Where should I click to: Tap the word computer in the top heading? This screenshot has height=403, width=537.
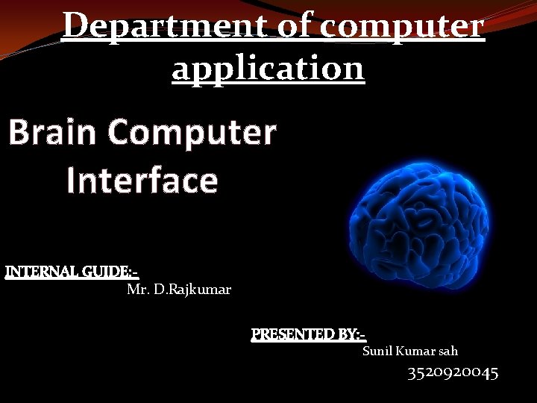pos(403,27)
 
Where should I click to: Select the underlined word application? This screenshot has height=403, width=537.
pos(268,69)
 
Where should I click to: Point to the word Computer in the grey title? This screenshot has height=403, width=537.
pos(192,134)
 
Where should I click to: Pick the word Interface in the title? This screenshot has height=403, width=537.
pos(142,181)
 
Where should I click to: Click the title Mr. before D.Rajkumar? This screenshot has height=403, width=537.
pos(138,289)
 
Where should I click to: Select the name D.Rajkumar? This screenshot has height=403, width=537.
pos(192,289)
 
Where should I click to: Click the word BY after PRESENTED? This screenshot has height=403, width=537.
pos(349,334)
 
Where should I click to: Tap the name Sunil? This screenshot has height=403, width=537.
pos(377,351)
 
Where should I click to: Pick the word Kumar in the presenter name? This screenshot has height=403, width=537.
pos(415,351)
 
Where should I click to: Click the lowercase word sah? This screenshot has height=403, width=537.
pos(448,351)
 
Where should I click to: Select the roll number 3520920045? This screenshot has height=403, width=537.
pos(453,372)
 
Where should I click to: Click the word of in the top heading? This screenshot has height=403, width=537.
pos(299,27)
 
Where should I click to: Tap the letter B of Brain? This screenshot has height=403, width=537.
pos(19,134)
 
